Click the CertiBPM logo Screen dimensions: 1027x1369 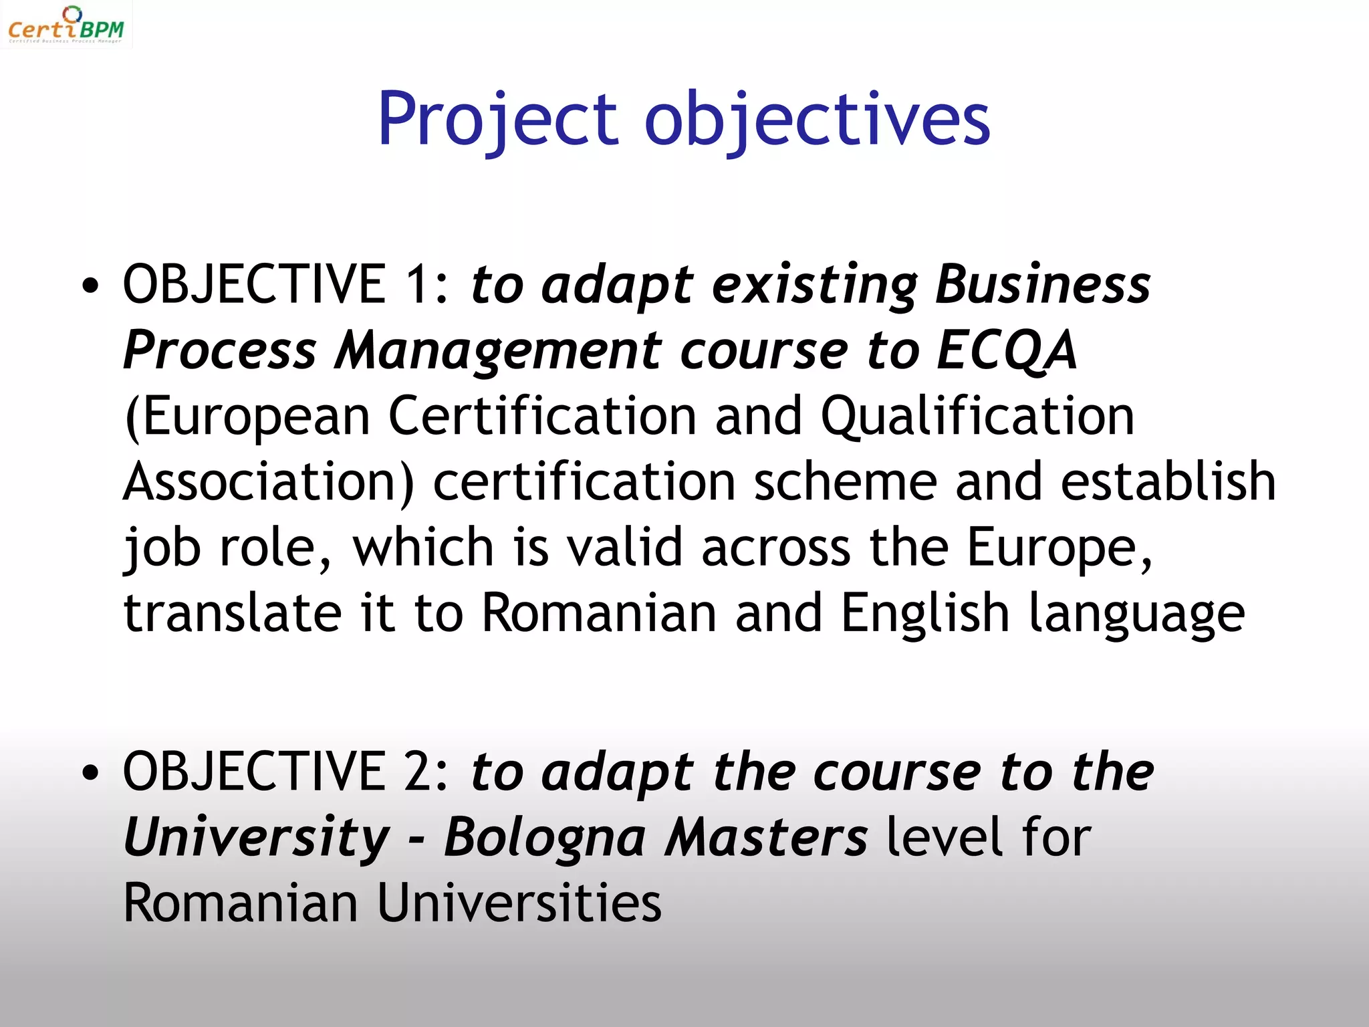pyautogui.click(x=66, y=25)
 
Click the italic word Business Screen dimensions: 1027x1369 pyautogui.click(x=1043, y=284)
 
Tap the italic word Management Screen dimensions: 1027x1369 pyautogui.click(x=498, y=351)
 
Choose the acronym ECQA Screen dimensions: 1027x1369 pyautogui.click(x=1006, y=350)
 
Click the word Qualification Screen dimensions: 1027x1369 pyautogui.click(x=977, y=416)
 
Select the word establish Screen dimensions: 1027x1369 pyautogui.click(x=1168, y=481)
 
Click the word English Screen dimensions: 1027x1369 pyautogui.click(x=924, y=613)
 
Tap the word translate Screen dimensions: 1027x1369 pyautogui.click(x=233, y=613)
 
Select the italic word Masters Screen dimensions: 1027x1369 pyautogui.click(x=767, y=837)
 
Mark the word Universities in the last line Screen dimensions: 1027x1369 pyautogui.click(x=519, y=903)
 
